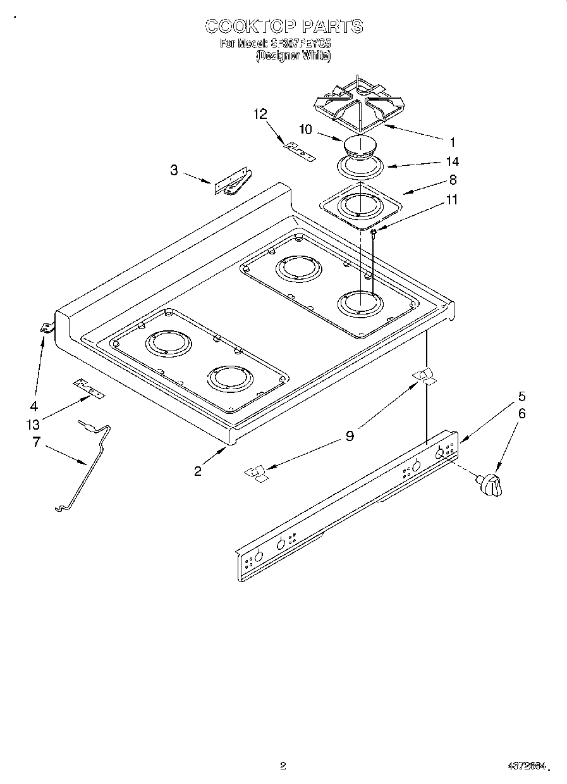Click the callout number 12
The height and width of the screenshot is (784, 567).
(x=260, y=114)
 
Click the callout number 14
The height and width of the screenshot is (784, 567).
(x=452, y=163)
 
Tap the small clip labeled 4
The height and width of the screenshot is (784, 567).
(x=46, y=327)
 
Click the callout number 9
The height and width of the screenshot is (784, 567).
(x=349, y=435)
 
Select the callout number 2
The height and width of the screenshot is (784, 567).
(x=198, y=471)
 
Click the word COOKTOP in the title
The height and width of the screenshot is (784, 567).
(x=251, y=27)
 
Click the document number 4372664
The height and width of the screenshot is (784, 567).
(x=524, y=766)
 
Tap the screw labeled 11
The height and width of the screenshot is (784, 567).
(x=374, y=233)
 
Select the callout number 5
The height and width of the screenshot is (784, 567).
(x=521, y=397)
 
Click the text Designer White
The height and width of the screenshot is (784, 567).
(x=293, y=56)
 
